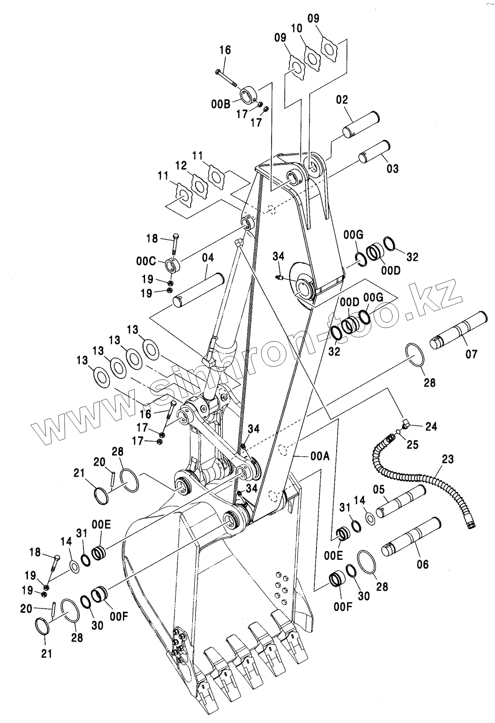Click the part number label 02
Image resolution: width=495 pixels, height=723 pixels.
pos(342,100)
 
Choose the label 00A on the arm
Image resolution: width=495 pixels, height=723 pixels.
pos(320,457)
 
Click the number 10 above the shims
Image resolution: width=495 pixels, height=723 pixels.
pos(296,28)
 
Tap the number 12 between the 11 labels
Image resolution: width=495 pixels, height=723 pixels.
pos(181,166)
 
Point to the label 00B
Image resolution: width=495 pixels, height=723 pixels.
pos(220,104)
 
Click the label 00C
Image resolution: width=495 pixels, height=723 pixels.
pos(146,261)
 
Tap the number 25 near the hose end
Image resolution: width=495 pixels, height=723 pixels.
pos(412,444)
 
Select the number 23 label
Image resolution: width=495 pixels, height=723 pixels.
pos(447,459)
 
